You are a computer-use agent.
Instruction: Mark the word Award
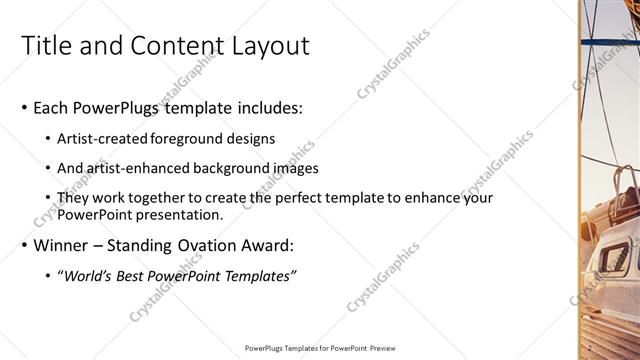(270, 246)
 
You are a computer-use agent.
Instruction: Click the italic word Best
(132, 276)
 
